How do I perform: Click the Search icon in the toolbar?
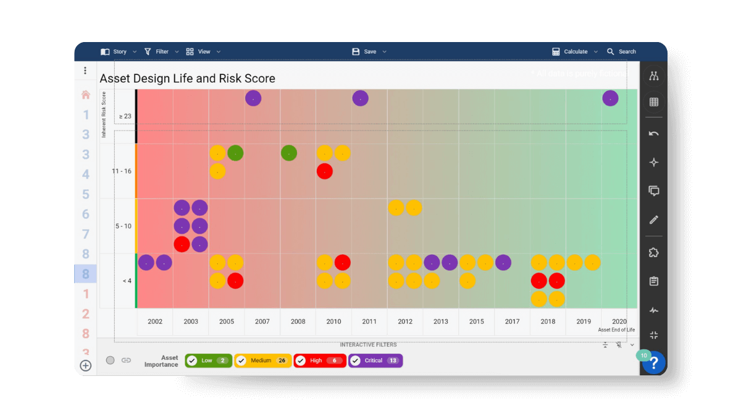click(611, 52)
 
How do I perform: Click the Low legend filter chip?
click(208, 360)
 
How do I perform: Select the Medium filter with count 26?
click(262, 360)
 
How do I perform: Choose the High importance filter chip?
click(319, 360)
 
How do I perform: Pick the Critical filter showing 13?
click(375, 360)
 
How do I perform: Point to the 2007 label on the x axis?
click(262, 322)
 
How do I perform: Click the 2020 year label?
click(619, 322)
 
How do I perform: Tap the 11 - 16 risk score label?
click(122, 171)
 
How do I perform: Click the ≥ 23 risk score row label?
click(125, 116)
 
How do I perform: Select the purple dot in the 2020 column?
click(610, 98)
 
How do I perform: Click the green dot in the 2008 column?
click(289, 153)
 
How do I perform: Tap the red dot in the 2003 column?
click(182, 244)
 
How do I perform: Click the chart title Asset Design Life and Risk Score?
click(187, 79)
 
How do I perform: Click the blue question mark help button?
click(654, 363)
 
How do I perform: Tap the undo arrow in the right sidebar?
click(654, 134)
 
